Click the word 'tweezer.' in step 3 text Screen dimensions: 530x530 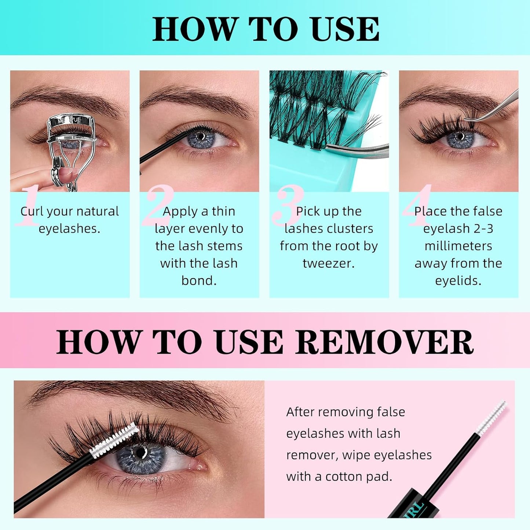coord(329,263)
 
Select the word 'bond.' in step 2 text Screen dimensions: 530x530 coord(199,281)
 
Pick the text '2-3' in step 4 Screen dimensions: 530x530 coord(483,229)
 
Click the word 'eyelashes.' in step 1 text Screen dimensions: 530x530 coord(69,229)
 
